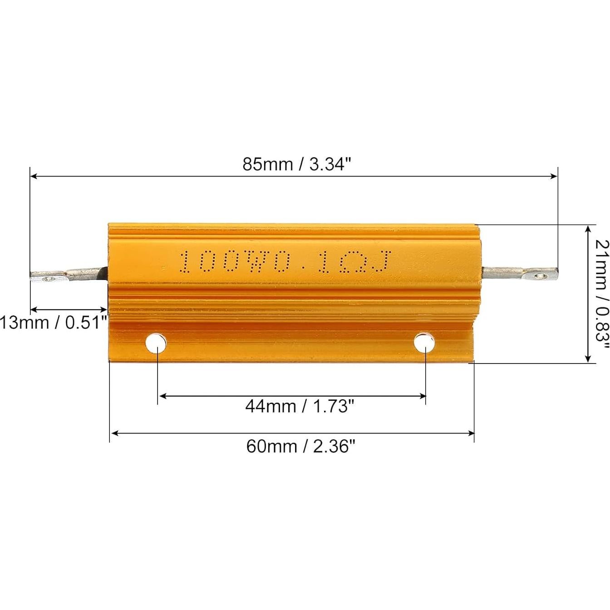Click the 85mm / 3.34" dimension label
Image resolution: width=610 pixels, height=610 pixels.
point(297,164)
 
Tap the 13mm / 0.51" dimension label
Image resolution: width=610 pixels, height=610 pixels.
point(54,323)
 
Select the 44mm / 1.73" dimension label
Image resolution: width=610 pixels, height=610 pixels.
point(299,405)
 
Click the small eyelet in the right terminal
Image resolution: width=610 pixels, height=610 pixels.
point(539,275)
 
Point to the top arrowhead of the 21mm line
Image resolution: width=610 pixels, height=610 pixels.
point(588,228)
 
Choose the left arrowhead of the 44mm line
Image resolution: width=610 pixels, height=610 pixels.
point(162,396)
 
